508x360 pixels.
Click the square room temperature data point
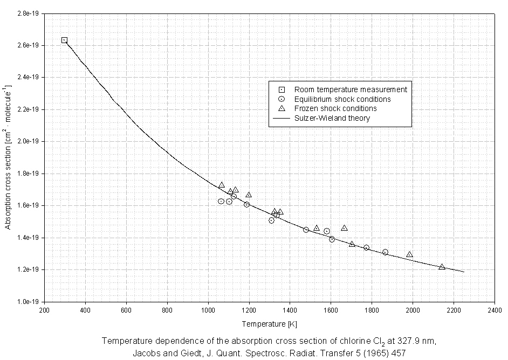pyautogui.click(x=64, y=40)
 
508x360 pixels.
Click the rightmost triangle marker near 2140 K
pyautogui.click(x=442, y=267)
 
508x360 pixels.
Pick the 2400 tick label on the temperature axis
pyautogui.click(x=495, y=311)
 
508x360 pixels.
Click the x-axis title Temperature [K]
pyautogui.click(x=270, y=324)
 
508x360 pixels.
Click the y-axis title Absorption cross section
pyautogui.click(x=9, y=156)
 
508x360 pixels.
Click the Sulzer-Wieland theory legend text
pyautogui.click(x=332, y=118)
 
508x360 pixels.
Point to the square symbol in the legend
pyautogui.click(x=281, y=89)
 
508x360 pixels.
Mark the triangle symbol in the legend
pyautogui.click(x=281, y=108)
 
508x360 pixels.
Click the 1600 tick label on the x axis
pyautogui.click(x=331, y=311)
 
